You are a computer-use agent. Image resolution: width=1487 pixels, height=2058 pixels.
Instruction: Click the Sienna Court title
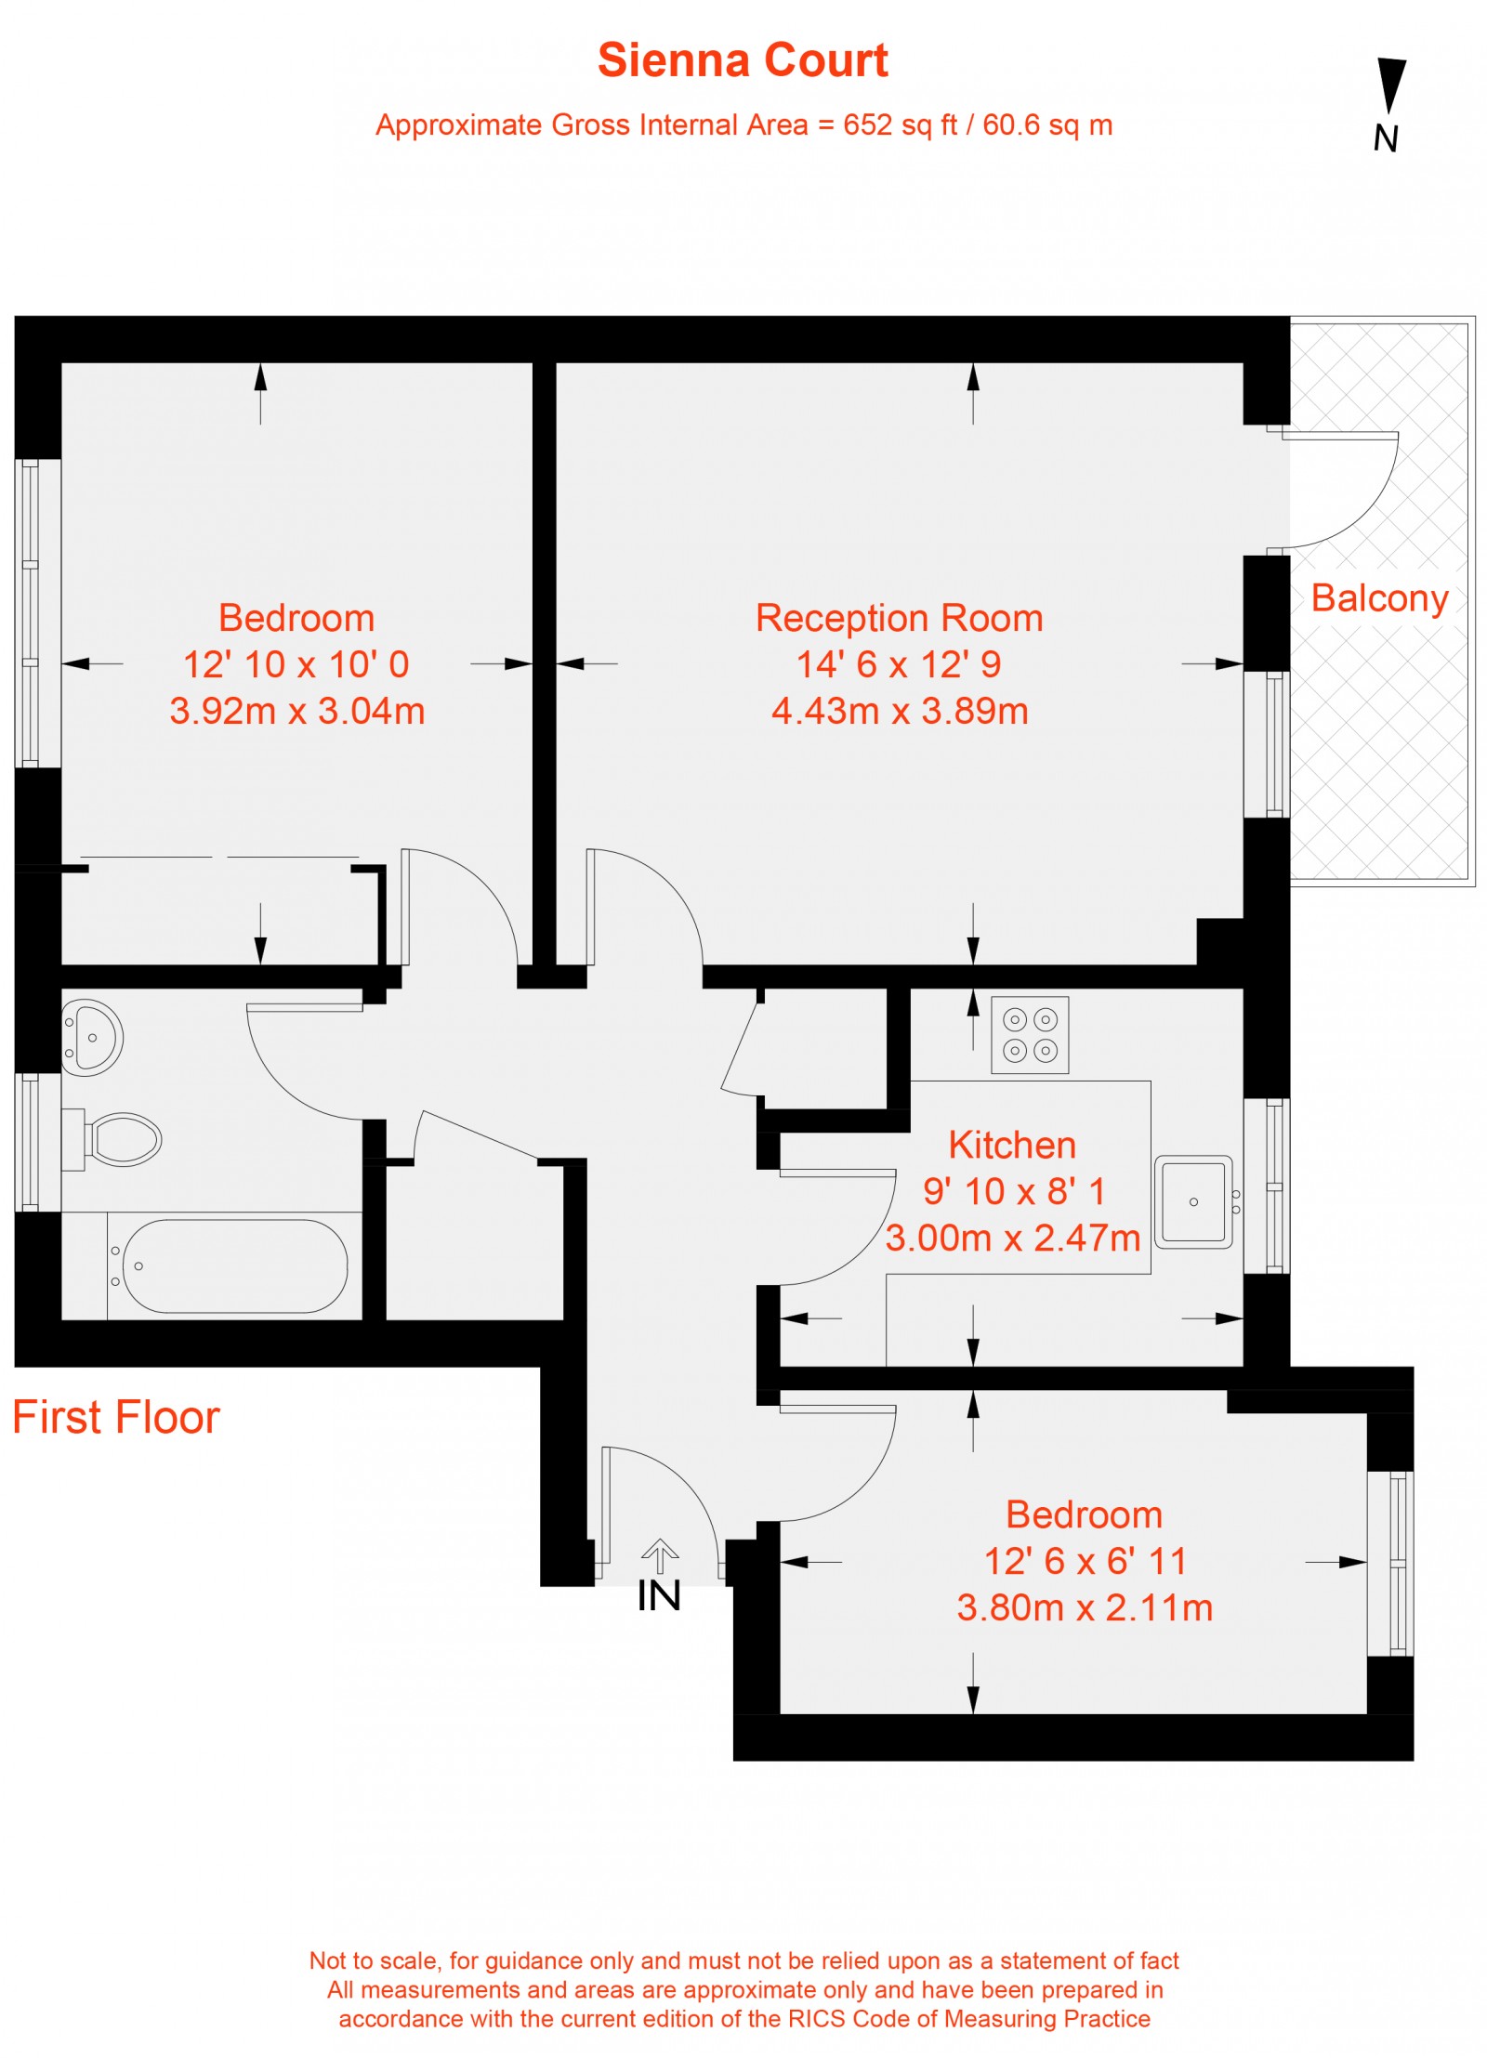tap(743, 60)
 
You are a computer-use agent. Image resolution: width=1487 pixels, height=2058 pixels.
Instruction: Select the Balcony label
tap(1379, 597)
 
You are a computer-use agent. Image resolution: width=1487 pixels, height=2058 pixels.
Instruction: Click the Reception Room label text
tap(899, 618)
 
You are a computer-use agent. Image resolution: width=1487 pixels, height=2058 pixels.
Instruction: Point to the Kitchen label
tap(1012, 1145)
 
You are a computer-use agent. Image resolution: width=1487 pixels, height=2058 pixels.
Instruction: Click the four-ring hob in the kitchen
tap(1030, 1035)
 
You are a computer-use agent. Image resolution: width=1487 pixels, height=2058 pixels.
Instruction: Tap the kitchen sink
tap(1193, 1201)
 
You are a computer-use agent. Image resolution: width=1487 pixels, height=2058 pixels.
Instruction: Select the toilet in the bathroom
tap(121, 1139)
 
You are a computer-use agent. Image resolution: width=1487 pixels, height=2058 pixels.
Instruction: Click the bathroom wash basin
tap(91, 1037)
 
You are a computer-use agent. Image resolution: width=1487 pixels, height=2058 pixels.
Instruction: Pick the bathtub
tap(234, 1265)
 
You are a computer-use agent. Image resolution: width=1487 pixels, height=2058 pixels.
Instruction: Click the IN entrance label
tap(659, 1595)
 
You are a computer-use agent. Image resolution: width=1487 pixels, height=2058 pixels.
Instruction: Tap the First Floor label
tap(116, 1417)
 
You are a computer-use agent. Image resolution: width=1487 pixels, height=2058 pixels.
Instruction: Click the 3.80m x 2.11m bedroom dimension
tap(1085, 1607)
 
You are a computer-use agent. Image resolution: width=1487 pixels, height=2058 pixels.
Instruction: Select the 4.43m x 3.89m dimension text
tap(900, 711)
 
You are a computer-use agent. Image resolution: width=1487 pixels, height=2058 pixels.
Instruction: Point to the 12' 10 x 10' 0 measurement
tap(296, 664)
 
